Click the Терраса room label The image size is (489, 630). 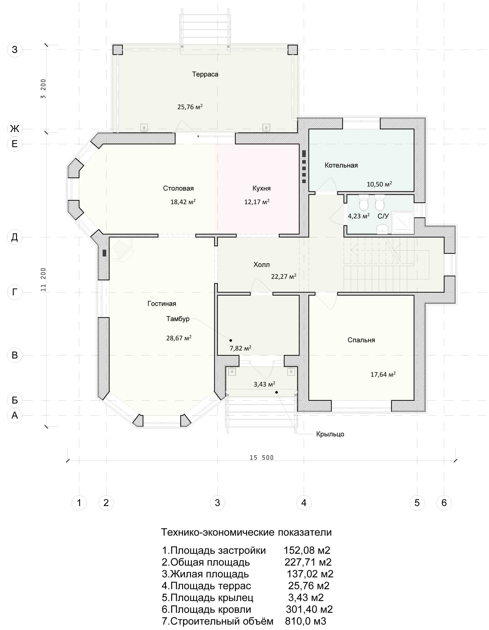point(205,74)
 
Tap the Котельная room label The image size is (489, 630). point(341,165)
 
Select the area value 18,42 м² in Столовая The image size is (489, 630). point(183,202)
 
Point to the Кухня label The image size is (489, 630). point(261,188)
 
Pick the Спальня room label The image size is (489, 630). point(361,340)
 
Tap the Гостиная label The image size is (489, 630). point(162,303)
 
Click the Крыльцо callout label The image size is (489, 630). point(330,434)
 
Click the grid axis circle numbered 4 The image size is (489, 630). point(304,503)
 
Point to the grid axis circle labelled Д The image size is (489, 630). point(14,237)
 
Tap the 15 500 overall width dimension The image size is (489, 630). point(261,458)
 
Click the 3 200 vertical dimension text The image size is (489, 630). point(43,89)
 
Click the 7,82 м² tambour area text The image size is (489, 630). point(240,348)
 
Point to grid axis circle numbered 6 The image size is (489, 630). point(444,503)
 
